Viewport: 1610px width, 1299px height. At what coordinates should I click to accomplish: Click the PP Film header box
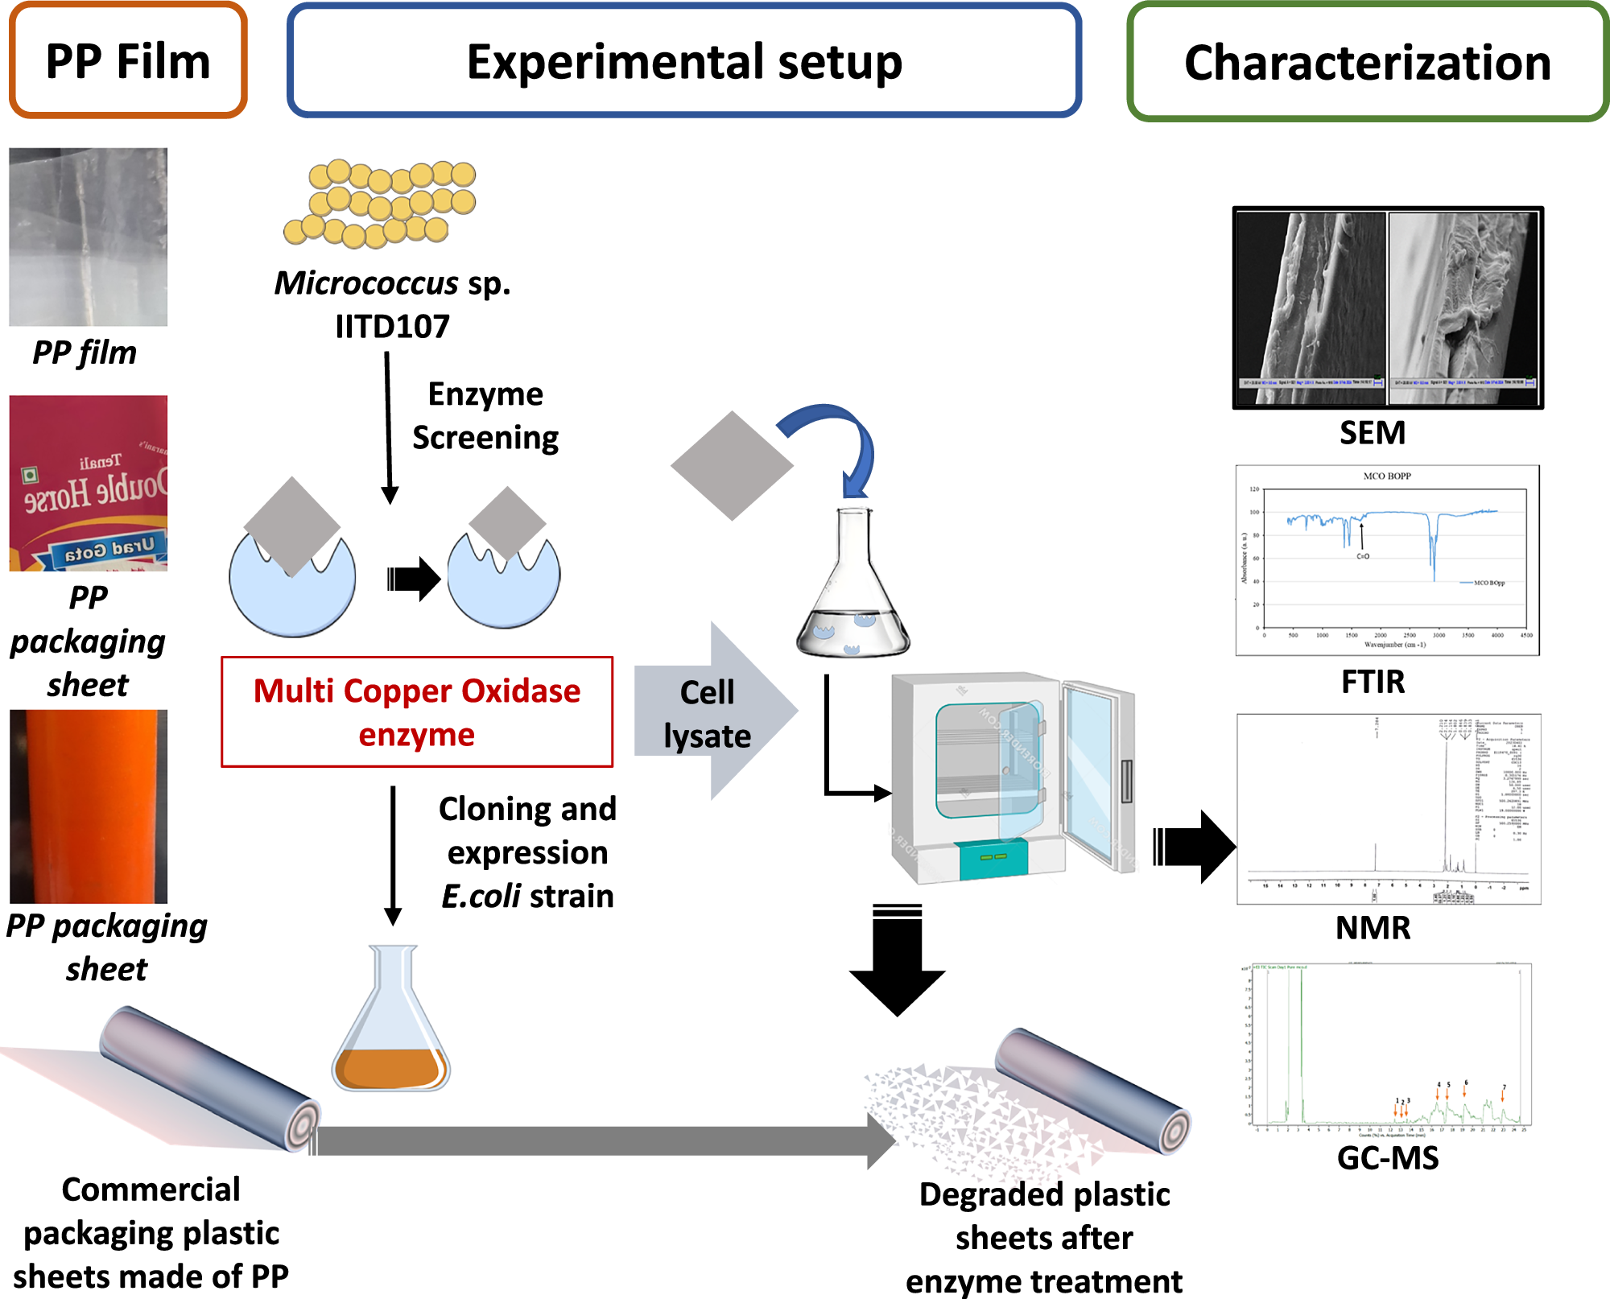click(128, 61)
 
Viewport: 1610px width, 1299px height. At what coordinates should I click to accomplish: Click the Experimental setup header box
click(684, 61)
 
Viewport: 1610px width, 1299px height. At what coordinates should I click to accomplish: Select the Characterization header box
click(1368, 63)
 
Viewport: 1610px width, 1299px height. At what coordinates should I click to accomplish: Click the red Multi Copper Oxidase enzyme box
click(417, 712)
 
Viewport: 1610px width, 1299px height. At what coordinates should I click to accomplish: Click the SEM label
click(1373, 433)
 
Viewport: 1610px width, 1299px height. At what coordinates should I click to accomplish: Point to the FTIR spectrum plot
click(1387, 560)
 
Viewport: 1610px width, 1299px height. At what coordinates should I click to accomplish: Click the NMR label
click(1373, 928)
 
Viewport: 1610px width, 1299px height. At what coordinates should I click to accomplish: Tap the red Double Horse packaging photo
click(89, 483)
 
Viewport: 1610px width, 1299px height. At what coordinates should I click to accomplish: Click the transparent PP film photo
click(89, 237)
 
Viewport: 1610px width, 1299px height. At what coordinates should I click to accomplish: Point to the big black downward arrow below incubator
click(897, 962)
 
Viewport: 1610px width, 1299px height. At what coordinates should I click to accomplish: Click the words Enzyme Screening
click(485, 416)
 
